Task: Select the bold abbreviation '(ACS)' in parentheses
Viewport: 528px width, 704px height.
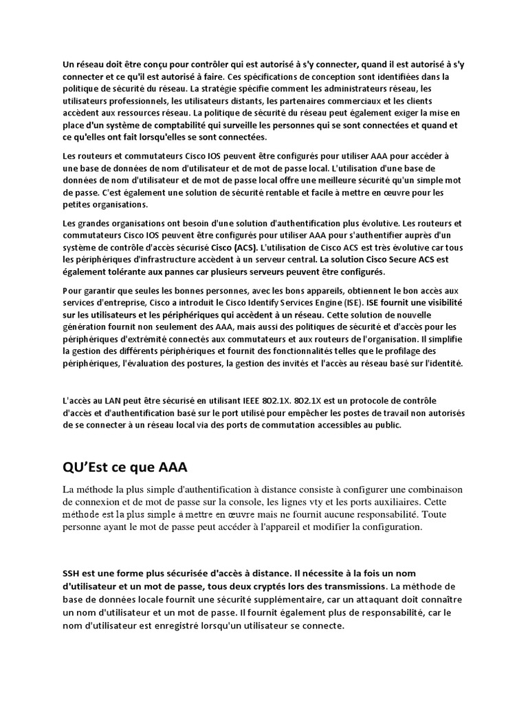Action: click(x=241, y=247)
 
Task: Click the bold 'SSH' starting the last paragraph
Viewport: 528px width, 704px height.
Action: click(x=71, y=573)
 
